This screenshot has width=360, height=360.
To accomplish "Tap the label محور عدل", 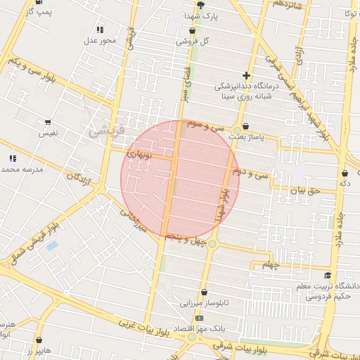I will [100, 41].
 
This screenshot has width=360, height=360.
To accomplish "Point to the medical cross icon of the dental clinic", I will [246, 75].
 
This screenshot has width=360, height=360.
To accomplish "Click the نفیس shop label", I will [48, 132].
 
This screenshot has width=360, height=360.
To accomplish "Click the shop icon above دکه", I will [345, 173].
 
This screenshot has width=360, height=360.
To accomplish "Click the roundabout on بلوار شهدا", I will [212, 243].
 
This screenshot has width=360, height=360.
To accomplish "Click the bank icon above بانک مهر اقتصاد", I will [199, 318].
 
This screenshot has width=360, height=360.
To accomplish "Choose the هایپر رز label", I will [39, 349].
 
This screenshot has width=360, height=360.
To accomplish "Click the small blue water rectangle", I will [52, 246].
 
